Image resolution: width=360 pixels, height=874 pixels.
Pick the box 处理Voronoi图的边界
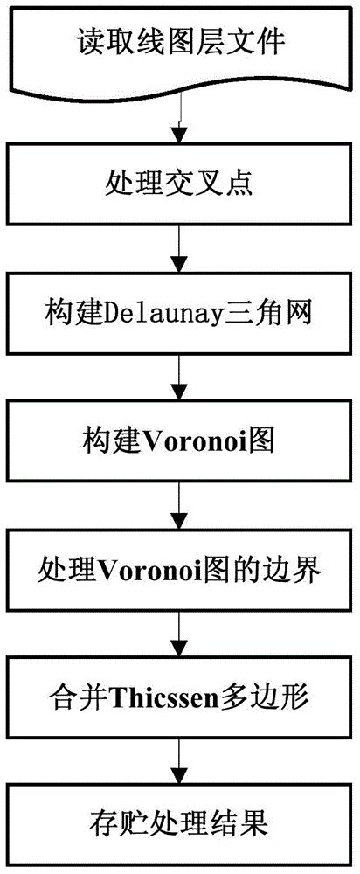tap(178, 571)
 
